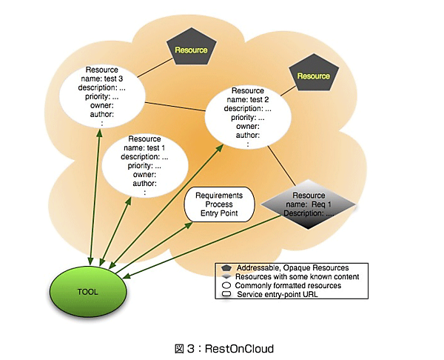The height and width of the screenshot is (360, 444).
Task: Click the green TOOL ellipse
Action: tap(87, 291)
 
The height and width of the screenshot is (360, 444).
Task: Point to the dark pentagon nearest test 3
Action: tap(190, 49)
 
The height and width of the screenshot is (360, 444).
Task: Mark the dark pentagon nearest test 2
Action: tap(313, 76)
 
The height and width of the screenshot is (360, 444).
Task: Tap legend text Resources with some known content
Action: tap(293, 276)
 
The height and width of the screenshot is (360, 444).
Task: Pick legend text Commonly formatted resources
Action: tap(288, 286)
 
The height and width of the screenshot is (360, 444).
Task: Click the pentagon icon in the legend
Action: tap(225, 267)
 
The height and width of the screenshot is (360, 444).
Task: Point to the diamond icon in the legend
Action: tap(225, 276)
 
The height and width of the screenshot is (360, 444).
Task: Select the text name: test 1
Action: tap(144, 148)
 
